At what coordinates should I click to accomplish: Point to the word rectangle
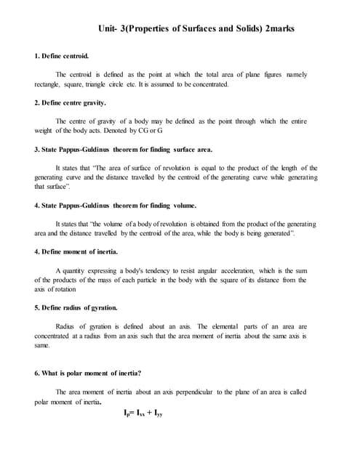(x=49, y=84)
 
